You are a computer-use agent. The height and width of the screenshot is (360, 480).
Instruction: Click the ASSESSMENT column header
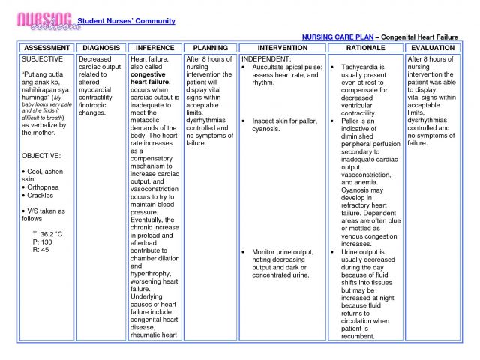click(46, 47)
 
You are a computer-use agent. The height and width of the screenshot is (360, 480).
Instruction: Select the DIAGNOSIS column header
click(100, 47)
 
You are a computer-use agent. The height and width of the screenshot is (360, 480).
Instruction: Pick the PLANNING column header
click(211, 47)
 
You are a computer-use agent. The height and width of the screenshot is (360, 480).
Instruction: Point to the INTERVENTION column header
click(283, 47)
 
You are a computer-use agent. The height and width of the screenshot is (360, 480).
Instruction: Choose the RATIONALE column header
click(365, 47)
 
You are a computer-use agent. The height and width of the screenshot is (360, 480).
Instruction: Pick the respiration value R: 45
click(40, 250)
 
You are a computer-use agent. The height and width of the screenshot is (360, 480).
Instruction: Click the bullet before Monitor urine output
click(245, 251)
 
